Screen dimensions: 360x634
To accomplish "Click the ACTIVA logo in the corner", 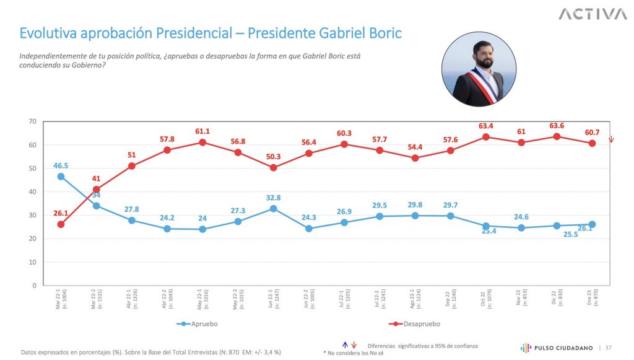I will click(593, 14).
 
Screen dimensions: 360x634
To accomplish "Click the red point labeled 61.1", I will click(202, 143).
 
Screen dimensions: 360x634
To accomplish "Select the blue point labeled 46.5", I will click(61, 177).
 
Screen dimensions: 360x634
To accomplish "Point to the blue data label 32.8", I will click(273, 198).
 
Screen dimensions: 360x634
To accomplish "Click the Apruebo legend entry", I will click(198, 323).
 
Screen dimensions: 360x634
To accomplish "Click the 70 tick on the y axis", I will click(32, 121).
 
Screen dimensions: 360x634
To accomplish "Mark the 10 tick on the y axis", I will click(32, 262).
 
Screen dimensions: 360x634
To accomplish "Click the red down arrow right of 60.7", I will click(611, 139).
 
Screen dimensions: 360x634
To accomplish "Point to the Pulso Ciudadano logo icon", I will click(526, 348).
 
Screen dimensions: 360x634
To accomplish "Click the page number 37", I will click(609, 348).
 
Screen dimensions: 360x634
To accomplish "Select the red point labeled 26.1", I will click(61, 224).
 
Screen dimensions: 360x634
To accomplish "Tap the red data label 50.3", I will click(273, 156).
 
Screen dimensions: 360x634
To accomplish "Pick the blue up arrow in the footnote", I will click(345, 345).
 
